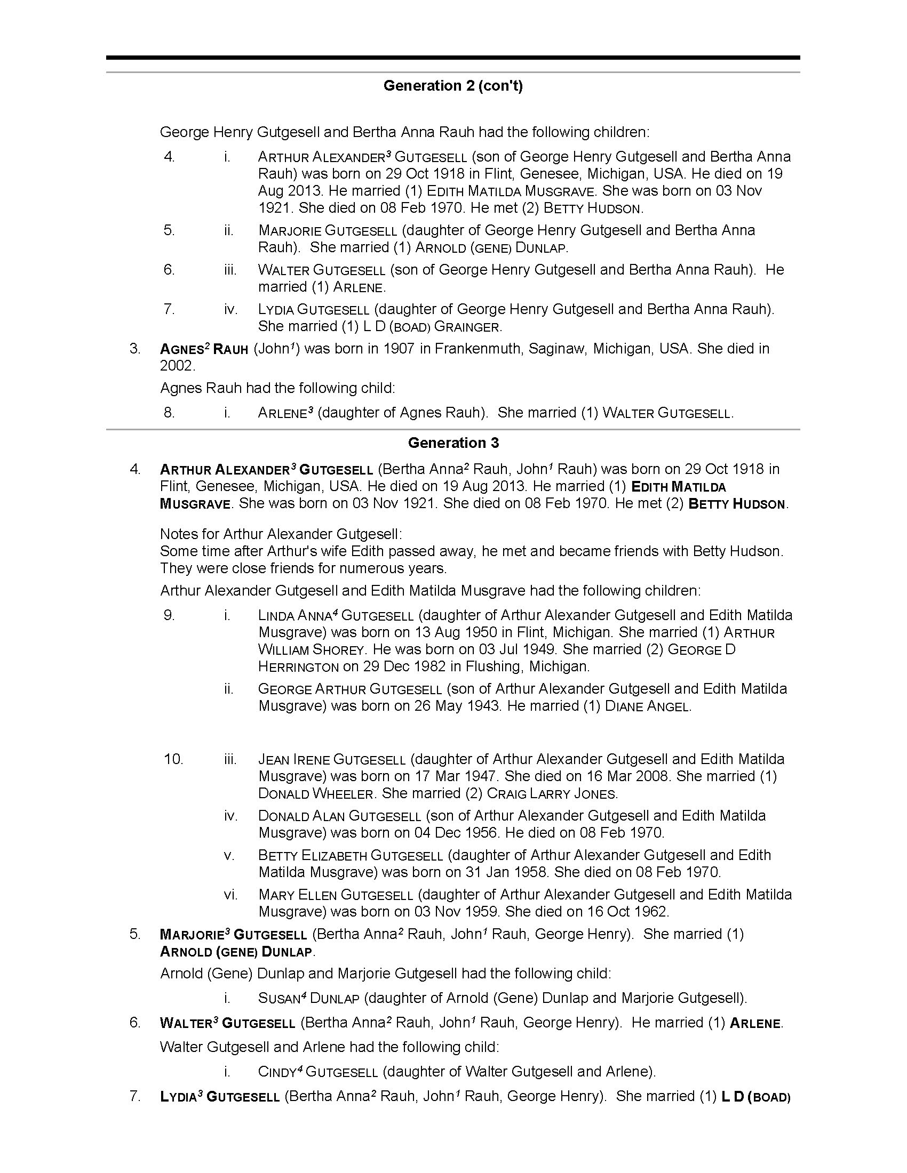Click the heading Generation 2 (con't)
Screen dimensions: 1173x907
pyautogui.click(x=453, y=86)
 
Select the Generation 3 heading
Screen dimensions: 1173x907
pyautogui.click(x=453, y=443)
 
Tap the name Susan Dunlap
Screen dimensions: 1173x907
pyautogui.click(x=308, y=999)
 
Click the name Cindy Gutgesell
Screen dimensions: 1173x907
pyautogui.click(x=317, y=1072)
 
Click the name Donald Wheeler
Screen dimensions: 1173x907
pyautogui.click(x=315, y=794)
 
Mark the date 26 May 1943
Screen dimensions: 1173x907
pyautogui.click(x=453, y=706)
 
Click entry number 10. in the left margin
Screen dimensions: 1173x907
pyautogui.click(x=173, y=759)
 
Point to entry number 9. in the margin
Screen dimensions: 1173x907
pyautogui.click(x=169, y=615)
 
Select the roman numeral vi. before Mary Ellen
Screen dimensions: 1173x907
pyautogui.click(x=230, y=894)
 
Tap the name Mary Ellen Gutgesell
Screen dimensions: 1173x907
pyautogui.click(x=335, y=895)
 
